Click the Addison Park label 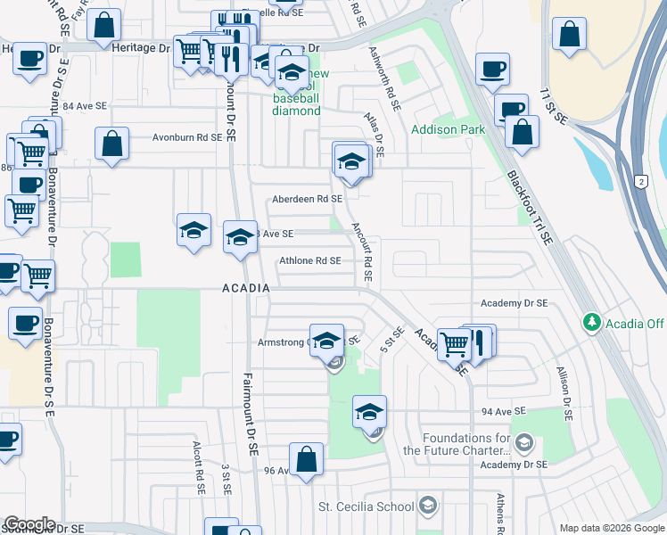tap(448, 129)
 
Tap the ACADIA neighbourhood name tap(246, 288)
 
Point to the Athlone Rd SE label tap(310, 261)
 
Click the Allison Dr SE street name tap(564, 392)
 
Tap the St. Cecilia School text tap(366, 506)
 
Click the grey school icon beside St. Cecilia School tap(428, 506)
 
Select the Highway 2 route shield tap(641, 182)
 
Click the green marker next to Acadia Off tap(591, 322)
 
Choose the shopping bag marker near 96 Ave tap(306, 460)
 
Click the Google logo tap(29, 524)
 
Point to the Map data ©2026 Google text tap(611, 528)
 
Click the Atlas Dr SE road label tap(374, 135)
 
